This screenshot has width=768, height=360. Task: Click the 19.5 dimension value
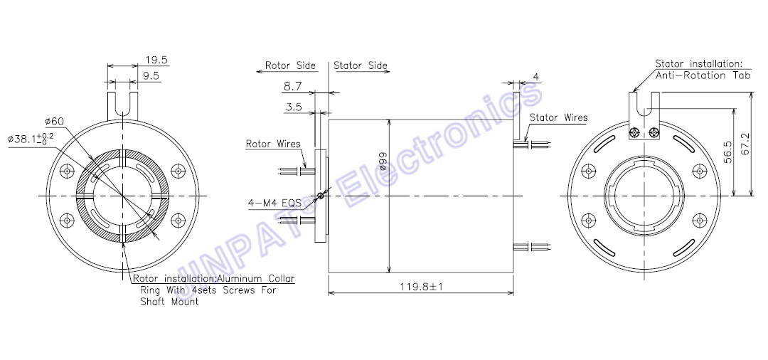coord(156,60)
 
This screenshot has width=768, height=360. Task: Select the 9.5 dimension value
coord(152,75)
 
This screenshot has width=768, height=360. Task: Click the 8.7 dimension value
coord(292,87)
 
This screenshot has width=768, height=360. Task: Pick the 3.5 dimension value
coord(294,107)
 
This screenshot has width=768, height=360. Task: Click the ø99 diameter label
coord(383,160)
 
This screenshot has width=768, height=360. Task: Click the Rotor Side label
coord(290,65)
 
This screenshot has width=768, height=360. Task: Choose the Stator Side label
coord(361,65)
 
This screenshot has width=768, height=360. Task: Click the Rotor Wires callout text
coord(273,144)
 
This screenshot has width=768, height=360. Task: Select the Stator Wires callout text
coord(559,117)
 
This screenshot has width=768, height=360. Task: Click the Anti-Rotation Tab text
coord(703,75)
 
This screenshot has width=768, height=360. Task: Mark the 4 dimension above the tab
coord(535,76)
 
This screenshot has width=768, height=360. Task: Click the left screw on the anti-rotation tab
coord(636,132)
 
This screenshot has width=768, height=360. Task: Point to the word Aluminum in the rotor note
coord(241,279)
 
